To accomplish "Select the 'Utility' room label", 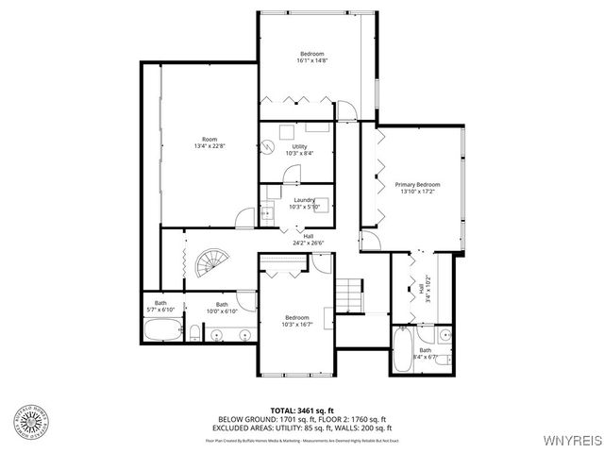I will (x=300, y=146).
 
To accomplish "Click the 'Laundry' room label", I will (x=304, y=199).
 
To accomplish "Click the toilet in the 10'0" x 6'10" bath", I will (x=193, y=331).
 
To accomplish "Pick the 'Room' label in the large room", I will (x=210, y=139).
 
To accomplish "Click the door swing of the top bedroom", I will (x=347, y=110).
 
